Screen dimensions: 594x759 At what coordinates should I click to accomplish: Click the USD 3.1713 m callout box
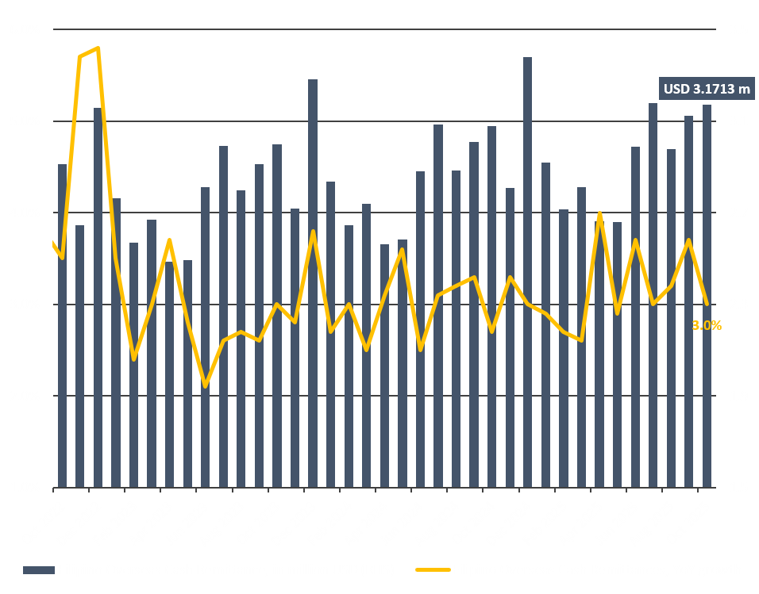point(706,90)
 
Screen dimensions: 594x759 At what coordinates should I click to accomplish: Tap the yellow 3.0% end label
point(707,325)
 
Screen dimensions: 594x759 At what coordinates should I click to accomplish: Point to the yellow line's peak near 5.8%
point(98,48)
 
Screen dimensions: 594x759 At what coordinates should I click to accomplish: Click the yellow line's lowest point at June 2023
point(206,386)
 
